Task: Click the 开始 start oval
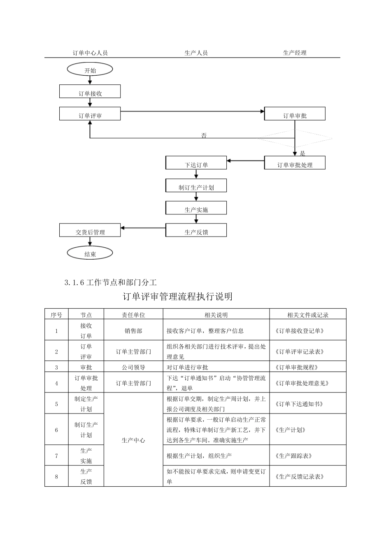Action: (x=90, y=70)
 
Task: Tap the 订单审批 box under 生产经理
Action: (x=295, y=114)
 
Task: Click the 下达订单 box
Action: (x=196, y=163)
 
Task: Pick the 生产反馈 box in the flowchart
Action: (x=196, y=230)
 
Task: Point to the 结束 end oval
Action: (x=90, y=253)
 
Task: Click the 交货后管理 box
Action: (x=90, y=230)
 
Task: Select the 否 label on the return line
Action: (x=204, y=135)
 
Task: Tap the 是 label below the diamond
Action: (x=303, y=153)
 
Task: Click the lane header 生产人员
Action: (x=196, y=53)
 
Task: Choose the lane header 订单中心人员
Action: (x=90, y=53)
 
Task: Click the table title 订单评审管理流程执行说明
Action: (x=177, y=296)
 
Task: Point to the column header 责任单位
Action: (x=133, y=315)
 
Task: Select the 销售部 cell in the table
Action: (x=133, y=330)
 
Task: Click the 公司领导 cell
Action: (x=133, y=367)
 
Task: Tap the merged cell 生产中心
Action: (x=133, y=440)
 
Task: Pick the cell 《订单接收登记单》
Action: (x=299, y=330)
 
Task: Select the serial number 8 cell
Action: (x=56, y=476)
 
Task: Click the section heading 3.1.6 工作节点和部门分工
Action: (x=111, y=282)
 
